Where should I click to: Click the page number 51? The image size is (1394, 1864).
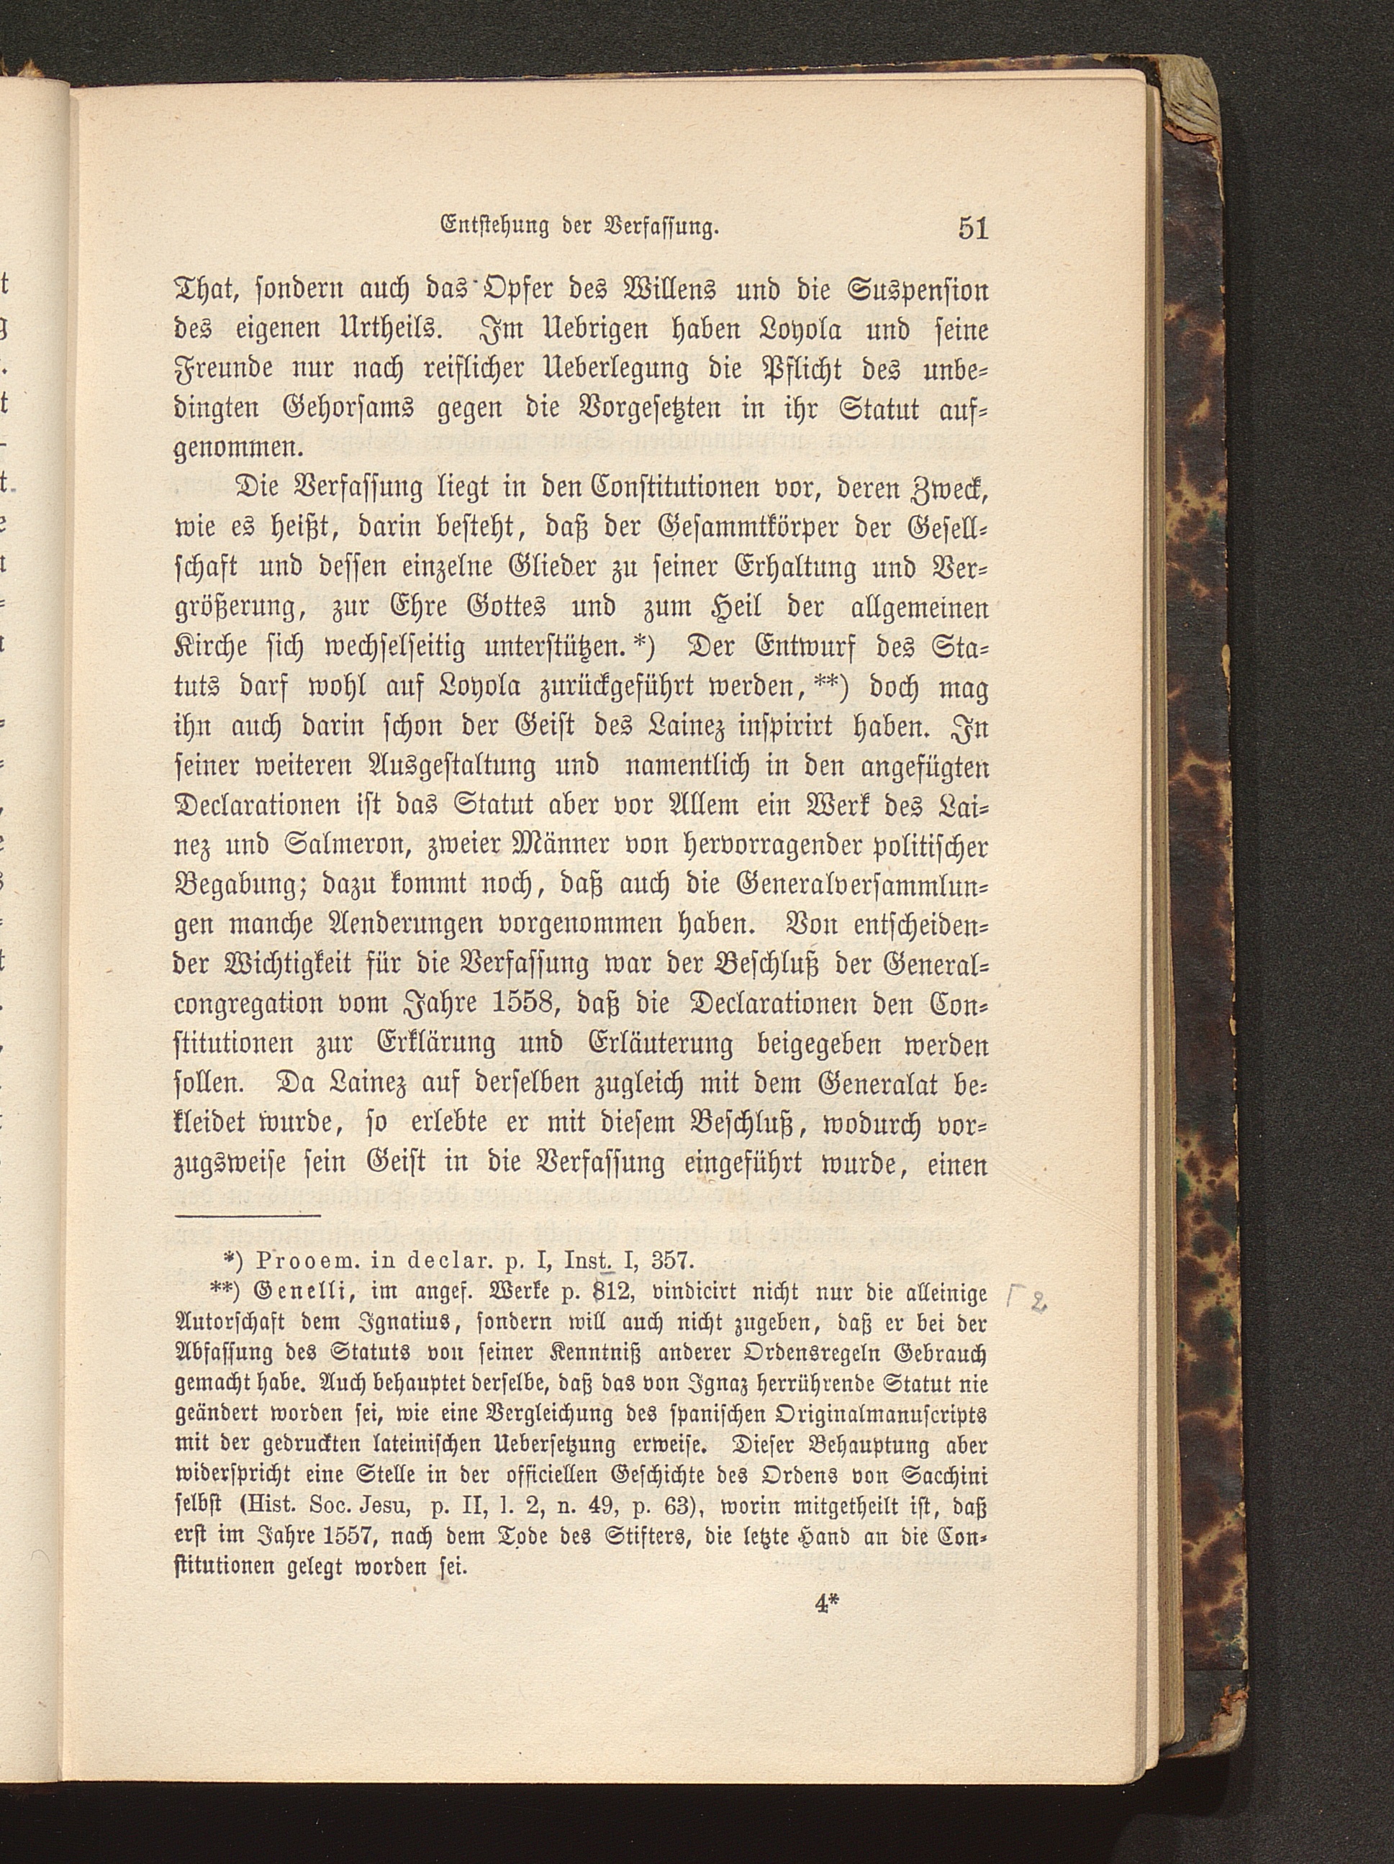972,229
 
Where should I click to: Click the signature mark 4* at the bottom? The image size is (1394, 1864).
829,1604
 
